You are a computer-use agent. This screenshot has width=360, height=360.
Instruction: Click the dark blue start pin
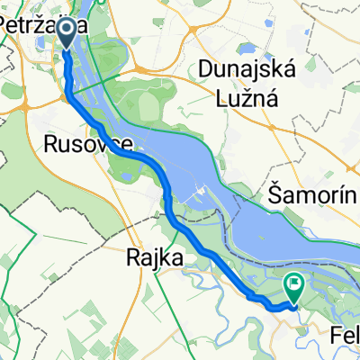coord(68,31)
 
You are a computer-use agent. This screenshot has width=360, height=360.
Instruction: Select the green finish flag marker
coord(294,286)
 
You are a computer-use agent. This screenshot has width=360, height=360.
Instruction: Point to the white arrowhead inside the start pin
coord(68,29)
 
